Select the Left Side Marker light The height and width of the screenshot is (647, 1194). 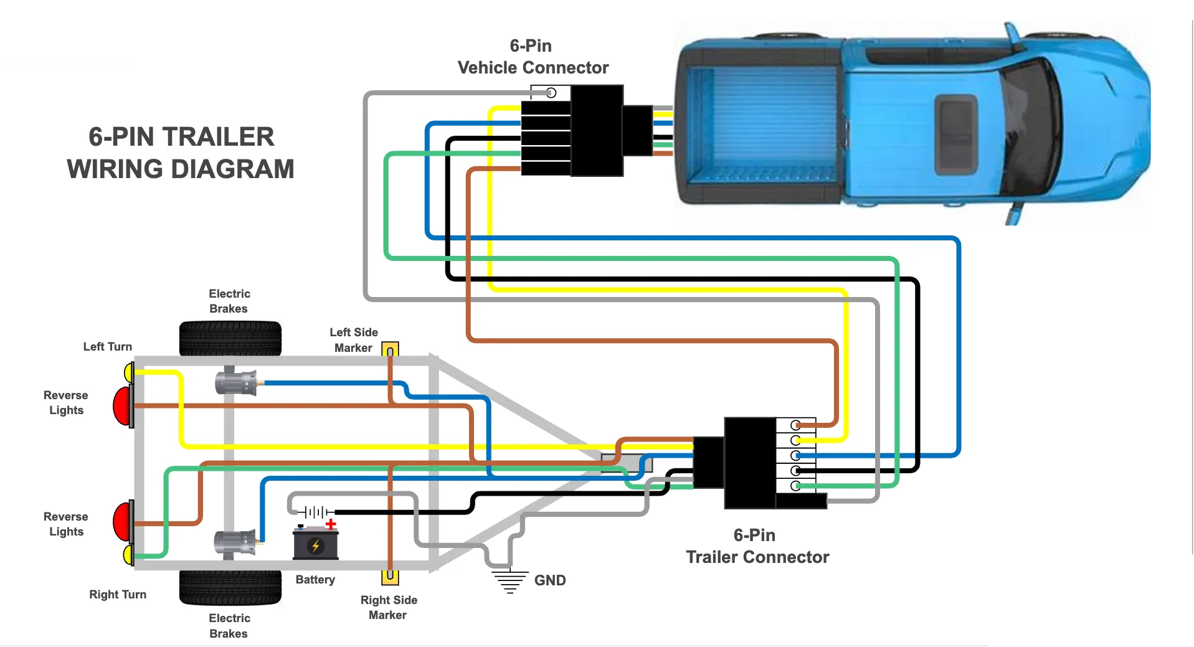[x=390, y=349]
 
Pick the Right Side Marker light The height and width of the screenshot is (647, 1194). [x=390, y=577]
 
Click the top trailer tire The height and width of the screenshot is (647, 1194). [x=230, y=338]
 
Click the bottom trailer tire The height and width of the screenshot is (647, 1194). [x=230, y=587]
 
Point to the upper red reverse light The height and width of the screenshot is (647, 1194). [x=123, y=406]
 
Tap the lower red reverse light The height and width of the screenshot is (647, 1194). [x=123, y=522]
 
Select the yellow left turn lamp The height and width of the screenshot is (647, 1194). [x=129, y=373]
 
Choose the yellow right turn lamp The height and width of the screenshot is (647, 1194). [x=128, y=554]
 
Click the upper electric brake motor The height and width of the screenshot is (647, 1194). [x=235, y=382]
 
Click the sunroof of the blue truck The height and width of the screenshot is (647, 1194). [x=957, y=134]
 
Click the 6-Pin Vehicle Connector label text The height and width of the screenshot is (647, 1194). [x=533, y=57]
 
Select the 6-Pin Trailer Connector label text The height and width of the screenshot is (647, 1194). [x=757, y=546]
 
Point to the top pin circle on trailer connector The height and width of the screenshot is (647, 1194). [x=795, y=425]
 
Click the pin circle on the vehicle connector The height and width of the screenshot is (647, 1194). [x=551, y=93]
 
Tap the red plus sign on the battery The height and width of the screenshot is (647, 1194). [x=331, y=524]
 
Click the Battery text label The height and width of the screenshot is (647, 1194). [x=315, y=580]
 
